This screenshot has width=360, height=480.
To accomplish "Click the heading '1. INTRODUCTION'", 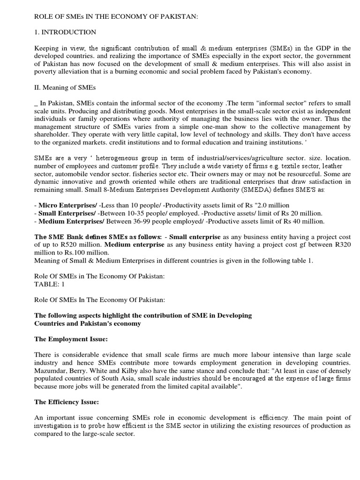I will tap(66, 32).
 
